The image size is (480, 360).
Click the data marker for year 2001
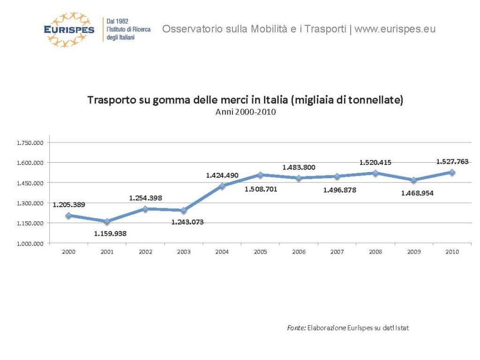point(107,221)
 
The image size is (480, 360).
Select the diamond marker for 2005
point(260,175)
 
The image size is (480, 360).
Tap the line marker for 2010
point(452,172)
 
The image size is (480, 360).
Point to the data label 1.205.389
point(69,204)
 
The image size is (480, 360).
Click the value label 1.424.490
point(222,175)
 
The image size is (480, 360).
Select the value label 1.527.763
point(452,161)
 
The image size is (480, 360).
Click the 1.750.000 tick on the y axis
point(30,142)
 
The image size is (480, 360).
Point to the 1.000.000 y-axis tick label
point(30,243)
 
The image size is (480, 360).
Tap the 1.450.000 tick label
point(30,183)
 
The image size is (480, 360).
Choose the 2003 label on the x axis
point(184,252)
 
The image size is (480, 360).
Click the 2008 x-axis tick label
point(375,252)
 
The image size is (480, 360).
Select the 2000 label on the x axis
point(68,252)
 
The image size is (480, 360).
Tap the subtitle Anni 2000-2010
point(245,112)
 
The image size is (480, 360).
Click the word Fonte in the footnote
point(296,328)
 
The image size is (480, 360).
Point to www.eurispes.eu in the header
point(395,29)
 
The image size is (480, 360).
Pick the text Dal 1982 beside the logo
point(118,22)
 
